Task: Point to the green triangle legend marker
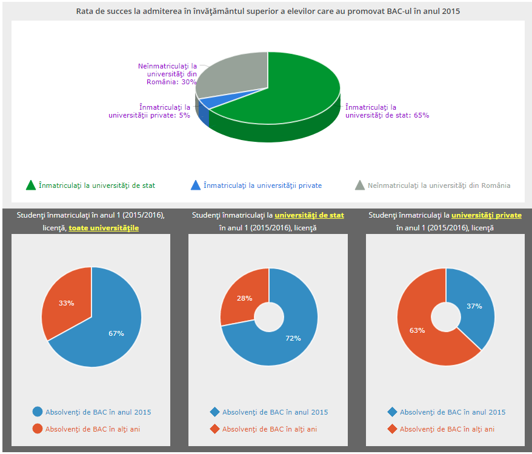pos(31,185)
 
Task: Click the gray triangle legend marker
pos(360,185)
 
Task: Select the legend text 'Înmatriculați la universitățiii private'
pos(262,185)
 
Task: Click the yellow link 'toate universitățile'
pos(104,228)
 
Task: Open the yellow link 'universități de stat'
pos(309,215)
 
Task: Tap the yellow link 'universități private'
pos(486,215)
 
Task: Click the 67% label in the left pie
pos(116,333)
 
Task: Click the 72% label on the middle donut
pos(293,338)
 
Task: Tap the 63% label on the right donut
pos(417,330)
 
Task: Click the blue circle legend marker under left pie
pos(38,412)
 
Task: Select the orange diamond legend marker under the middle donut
pos(214,429)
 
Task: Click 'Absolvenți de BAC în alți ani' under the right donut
pos(447,429)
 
